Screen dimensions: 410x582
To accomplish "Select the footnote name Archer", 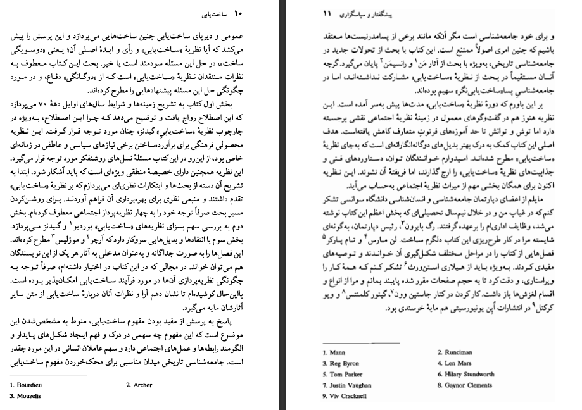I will pyautogui.click(x=142, y=385).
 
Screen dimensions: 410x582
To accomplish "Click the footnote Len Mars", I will pyautogui.click(x=457, y=364).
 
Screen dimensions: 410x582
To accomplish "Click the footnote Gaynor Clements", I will pyautogui.click(x=467, y=385).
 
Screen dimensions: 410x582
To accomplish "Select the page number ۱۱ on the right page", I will pyautogui.click(x=327, y=13).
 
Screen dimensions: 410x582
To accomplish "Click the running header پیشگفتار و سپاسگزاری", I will pyautogui.click(x=365, y=13).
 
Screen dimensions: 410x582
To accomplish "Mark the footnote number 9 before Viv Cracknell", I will pyautogui.click(x=324, y=396).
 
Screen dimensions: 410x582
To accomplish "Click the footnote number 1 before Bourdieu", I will pyautogui.click(x=11, y=385).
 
